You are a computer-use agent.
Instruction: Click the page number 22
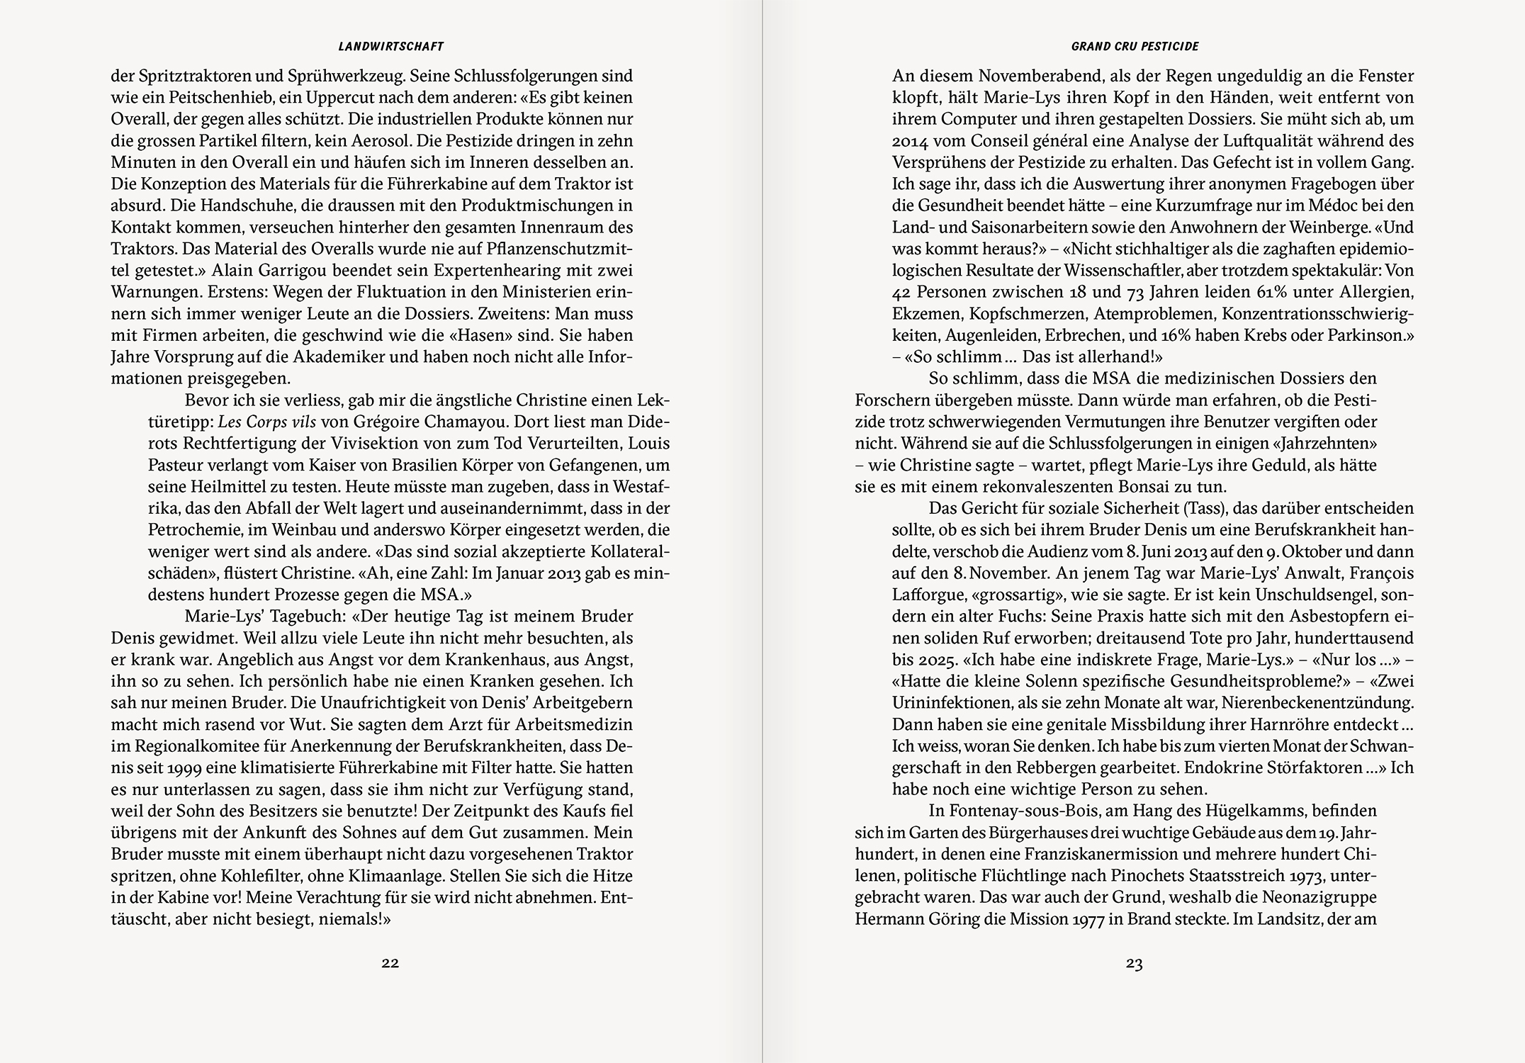390,962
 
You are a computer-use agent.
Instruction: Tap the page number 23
1134,962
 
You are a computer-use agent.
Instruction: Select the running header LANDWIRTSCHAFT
390,47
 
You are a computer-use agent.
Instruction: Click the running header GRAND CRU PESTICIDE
1135,47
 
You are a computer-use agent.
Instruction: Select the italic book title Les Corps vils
266,422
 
